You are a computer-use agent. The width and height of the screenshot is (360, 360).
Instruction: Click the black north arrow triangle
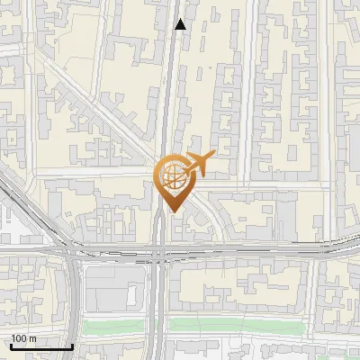tap(181, 24)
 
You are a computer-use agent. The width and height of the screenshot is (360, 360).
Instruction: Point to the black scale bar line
tap(41, 346)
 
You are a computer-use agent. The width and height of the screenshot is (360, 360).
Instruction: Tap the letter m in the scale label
tap(32, 338)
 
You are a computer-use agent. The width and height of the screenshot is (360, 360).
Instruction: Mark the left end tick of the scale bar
tap(11, 345)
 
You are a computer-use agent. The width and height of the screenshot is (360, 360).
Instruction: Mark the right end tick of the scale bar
tap(72, 345)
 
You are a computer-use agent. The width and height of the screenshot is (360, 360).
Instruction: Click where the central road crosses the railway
tap(159, 248)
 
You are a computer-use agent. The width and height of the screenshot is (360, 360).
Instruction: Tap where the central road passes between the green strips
tap(159, 326)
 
